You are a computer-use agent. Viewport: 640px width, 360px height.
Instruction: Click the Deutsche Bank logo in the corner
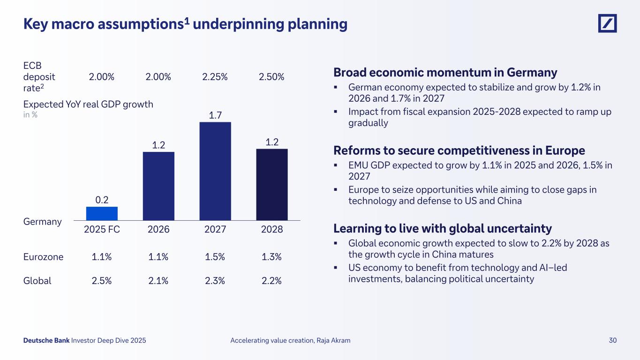[x=607, y=23]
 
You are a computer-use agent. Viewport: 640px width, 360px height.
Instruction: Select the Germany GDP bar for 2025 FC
[x=102, y=213]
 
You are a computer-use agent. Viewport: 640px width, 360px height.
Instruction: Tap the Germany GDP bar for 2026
[x=158, y=186]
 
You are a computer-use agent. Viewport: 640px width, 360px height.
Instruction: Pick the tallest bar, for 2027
[x=215, y=171]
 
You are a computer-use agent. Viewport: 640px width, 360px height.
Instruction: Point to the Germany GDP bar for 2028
[x=272, y=184]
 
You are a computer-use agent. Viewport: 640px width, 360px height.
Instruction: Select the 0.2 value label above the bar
[x=102, y=200]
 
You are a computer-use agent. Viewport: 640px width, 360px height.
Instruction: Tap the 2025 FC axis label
[x=102, y=230]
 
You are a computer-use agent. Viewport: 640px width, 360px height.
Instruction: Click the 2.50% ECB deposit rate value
[x=271, y=77]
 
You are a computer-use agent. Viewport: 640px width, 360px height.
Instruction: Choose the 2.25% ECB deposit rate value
[x=215, y=77]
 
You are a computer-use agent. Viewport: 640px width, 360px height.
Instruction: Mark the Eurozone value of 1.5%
[x=215, y=257]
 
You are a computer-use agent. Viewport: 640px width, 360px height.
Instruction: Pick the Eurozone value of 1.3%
[x=272, y=257]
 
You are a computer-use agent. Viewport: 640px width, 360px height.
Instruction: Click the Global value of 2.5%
[x=102, y=281]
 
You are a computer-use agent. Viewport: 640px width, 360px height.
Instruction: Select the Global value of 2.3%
[x=215, y=281]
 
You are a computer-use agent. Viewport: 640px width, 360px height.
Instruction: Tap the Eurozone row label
[x=43, y=257]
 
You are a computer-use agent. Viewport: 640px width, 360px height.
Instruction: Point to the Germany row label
[x=42, y=222]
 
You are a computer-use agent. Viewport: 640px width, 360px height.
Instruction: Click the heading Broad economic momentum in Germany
[x=445, y=73]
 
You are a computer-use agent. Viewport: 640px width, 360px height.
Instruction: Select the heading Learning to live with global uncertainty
[x=442, y=228]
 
